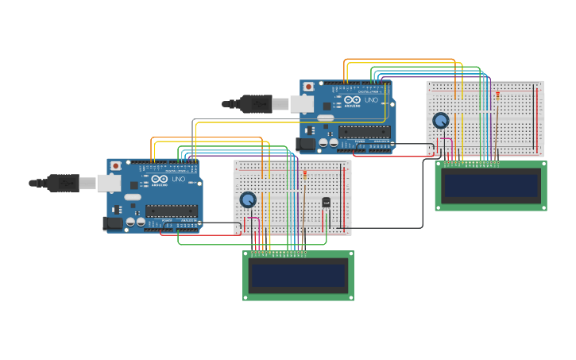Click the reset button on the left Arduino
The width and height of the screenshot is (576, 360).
[116, 165]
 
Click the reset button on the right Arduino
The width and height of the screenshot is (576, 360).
[308, 86]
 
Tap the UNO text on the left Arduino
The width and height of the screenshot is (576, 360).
[179, 179]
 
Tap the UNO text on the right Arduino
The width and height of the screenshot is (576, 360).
[371, 99]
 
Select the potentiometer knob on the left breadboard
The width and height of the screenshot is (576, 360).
[248, 199]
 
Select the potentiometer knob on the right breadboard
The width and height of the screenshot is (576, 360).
[440, 120]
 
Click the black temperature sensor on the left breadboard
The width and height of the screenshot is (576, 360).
[326, 202]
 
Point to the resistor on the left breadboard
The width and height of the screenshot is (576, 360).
[304, 173]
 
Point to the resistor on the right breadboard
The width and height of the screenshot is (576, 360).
[497, 95]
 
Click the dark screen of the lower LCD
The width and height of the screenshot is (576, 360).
[298, 276]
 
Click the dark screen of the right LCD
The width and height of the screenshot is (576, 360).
[491, 185]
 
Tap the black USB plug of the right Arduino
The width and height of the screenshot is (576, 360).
[255, 103]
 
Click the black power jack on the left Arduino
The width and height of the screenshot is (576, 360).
[114, 223]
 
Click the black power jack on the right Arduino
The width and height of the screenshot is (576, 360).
[306, 144]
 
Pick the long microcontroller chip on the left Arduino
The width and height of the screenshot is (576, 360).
[172, 211]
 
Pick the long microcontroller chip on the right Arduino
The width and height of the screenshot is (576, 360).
[364, 131]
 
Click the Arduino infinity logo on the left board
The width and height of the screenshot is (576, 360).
[159, 179]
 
